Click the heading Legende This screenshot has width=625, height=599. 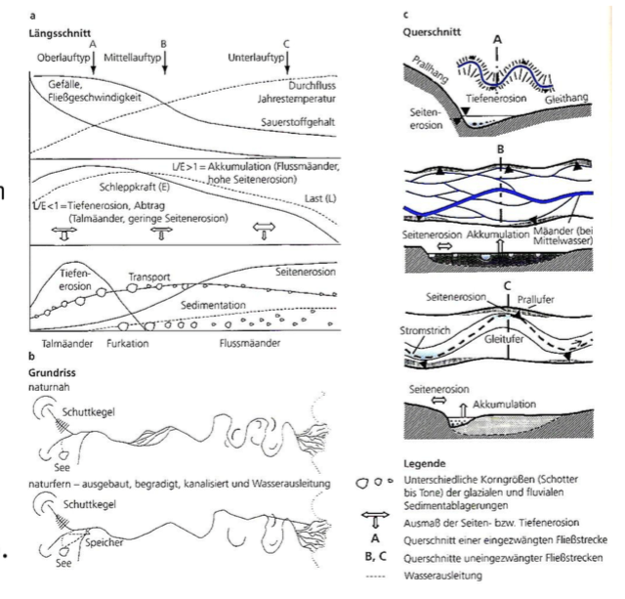click(422, 462)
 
